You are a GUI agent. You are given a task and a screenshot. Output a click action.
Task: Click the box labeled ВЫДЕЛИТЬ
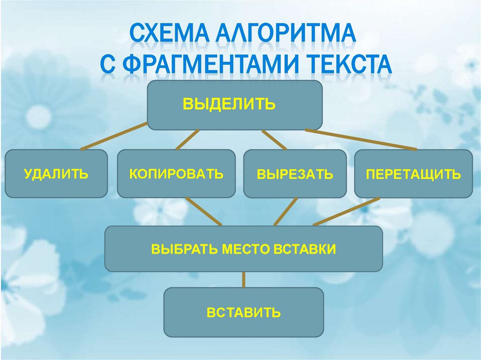pos(235,105)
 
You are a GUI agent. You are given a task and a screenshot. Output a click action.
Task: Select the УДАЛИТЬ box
pos(56,173)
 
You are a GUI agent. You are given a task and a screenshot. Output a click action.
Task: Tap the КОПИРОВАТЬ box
pos(176,173)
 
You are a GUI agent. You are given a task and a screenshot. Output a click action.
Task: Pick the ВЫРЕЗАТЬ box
pos(295,174)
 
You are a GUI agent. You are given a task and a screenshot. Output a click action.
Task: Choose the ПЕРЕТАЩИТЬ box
pos(413,174)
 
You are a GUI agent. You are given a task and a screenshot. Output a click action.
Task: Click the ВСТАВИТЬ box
pos(243,312)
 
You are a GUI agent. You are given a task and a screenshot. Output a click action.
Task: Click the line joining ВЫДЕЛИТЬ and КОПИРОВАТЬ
pos(187,139)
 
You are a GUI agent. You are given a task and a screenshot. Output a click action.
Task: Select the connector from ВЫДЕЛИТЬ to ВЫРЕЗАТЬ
pos(274,139)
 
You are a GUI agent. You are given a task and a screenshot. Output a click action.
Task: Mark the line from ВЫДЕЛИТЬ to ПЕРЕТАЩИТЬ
pos(361,139)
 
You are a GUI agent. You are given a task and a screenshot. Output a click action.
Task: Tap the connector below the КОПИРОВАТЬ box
pos(203,211)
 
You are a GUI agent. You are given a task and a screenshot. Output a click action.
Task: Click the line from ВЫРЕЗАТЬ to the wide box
pos(285,212)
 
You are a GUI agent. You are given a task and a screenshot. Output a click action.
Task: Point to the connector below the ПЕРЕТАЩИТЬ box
pos(347,211)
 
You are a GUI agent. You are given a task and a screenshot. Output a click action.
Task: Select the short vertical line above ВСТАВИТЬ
pos(243,280)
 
